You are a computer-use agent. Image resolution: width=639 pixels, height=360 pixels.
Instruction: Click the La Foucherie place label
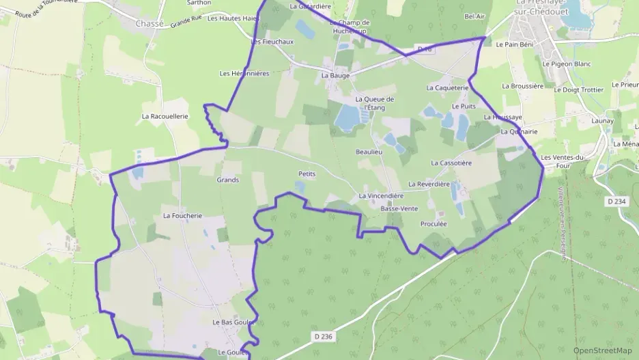tap(182, 215)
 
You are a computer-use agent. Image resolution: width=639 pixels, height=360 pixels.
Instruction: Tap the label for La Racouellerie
tap(165, 116)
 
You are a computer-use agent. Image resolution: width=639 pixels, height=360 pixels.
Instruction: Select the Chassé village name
tap(150, 23)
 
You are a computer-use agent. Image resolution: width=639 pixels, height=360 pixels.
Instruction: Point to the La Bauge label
tap(335, 76)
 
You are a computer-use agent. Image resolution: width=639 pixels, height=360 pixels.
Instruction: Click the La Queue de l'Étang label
tap(375, 103)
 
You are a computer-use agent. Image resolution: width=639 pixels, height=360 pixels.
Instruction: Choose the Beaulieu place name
tap(370, 151)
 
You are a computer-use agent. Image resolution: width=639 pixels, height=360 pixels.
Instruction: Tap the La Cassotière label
tap(451, 163)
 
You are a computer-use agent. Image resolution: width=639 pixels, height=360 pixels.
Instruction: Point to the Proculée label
tap(434, 223)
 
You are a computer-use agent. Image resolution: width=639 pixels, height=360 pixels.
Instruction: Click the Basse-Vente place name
tap(399, 208)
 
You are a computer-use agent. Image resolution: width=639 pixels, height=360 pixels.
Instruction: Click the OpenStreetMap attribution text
tap(602, 350)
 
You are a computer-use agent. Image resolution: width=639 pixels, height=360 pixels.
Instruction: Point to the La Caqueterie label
tap(447, 88)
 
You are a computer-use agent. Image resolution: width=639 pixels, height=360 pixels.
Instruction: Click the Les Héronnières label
tap(244, 73)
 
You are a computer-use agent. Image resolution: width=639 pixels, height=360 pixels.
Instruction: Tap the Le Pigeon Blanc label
tap(567, 64)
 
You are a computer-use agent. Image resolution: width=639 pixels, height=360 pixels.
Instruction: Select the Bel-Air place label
tap(474, 16)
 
